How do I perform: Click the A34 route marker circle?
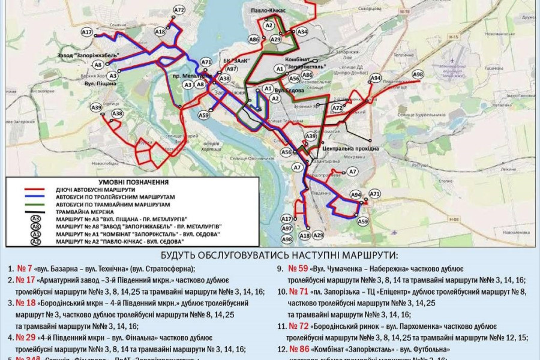pos(302,31)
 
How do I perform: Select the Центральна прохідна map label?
pos(350,148)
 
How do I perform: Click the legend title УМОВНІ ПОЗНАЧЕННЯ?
pos(133,182)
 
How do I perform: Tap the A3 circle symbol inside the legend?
pos(35,218)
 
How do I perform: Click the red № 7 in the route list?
pos(25,268)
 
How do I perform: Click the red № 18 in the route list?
pos(25,303)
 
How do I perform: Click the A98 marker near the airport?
pos(418,74)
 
